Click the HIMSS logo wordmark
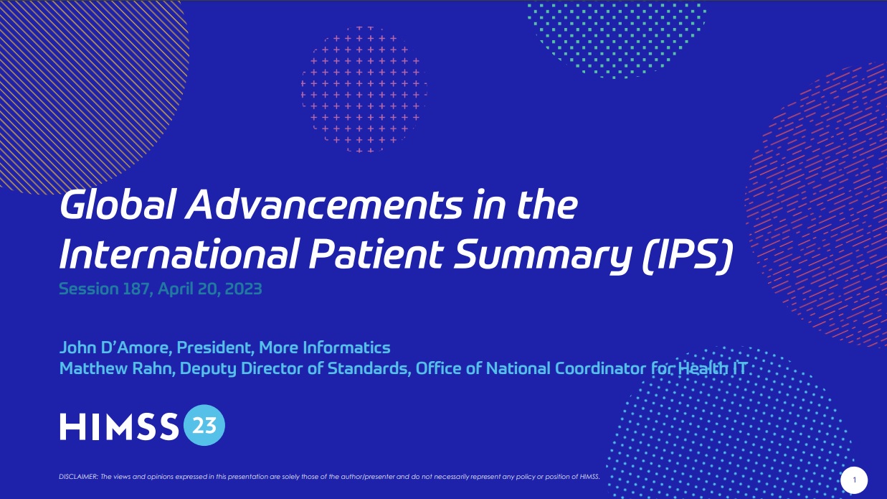pos(119,427)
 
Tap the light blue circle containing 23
pos(204,426)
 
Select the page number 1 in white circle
pos(854,479)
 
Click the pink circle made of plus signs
pos(364,90)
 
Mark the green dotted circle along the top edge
pos(617,32)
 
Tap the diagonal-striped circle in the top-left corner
pos(79,79)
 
